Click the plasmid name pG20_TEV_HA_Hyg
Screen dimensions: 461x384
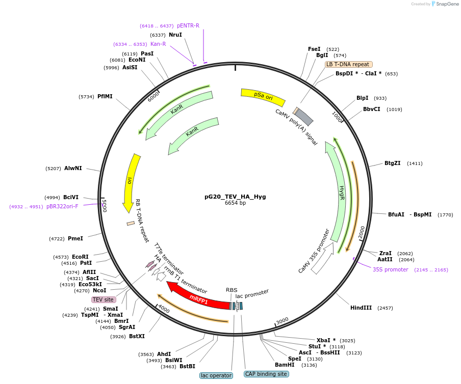pyautogui.click(x=235, y=196)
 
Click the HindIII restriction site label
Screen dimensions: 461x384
pyautogui.click(x=361, y=308)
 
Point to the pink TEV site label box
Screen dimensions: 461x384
pyautogui.click(x=103, y=299)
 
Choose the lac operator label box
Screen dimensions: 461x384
pyautogui.click(x=216, y=375)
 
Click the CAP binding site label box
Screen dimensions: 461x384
pyautogui.click(x=266, y=374)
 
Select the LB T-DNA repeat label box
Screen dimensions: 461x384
pyautogui.click(x=348, y=64)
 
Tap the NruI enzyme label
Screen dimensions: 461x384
pyautogui.click(x=175, y=35)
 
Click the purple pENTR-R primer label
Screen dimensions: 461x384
pyautogui.click(x=188, y=25)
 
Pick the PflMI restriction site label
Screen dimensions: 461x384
pyautogui.click(x=105, y=96)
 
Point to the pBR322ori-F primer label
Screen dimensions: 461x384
pyautogui.click(x=62, y=206)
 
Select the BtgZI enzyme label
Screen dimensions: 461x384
pyautogui.click(x=392, y=163)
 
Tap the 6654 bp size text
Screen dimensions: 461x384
pyautogui.click(x=235, y=203)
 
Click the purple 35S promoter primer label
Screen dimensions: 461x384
pyautogui.click(x=390, y=269)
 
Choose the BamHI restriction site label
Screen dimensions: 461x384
pyautogui.click(x=285, y=365)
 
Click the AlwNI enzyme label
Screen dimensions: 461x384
pyautogui.click(x=73, y=168)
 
